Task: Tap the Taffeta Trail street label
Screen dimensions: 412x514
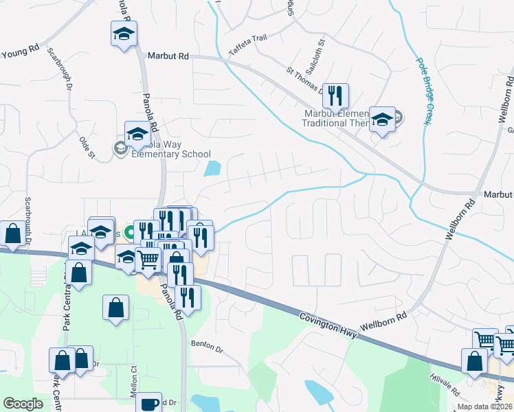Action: click(x=248, y=45)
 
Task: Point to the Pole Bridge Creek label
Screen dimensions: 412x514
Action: click(x=423, y=89)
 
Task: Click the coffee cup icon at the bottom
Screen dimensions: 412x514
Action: click(x=148, y=403)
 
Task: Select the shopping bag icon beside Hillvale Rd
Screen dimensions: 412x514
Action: click(x=474, y=360)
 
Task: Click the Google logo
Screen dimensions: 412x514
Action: click(x=23, y=404)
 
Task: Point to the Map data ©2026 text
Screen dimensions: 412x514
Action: click(x=484, y=406)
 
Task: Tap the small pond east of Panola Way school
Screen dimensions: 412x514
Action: click(x=213, y=168)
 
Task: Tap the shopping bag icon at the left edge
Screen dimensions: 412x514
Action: click(x=12, y=233)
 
